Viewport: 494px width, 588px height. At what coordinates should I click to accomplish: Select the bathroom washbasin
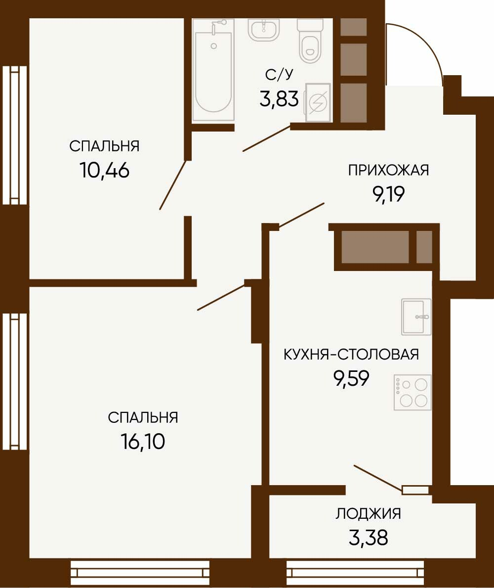[x=264, y=30]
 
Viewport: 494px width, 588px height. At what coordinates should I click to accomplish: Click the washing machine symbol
[x=318, y=102]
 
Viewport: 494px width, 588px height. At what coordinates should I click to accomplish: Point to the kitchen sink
[x=416, y=317]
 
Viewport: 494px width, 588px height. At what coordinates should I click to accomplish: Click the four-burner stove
[x=412, y=392]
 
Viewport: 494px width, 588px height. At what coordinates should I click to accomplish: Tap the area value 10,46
[x=105, y=171]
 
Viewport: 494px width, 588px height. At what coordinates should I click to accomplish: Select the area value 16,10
[x=143, y=442]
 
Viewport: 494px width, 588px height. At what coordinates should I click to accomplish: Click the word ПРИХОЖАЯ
[x=388, y=170]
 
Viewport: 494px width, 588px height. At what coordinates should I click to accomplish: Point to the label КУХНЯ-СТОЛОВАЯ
[x=351, y=354]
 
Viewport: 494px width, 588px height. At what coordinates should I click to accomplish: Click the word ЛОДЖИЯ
[x=368, y=514]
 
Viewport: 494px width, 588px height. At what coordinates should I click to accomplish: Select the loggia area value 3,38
[x=368, y=538]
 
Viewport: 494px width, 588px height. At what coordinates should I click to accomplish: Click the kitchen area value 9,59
[x=351, y=378]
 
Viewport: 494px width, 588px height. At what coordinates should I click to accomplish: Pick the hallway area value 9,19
[x=388, y=194]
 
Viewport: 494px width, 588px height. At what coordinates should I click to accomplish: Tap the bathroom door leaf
[x=267, y=138]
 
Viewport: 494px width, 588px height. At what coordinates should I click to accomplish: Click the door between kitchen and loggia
[x=378, y=478]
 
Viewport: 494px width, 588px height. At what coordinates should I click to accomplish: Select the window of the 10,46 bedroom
[x=14, y=136]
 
